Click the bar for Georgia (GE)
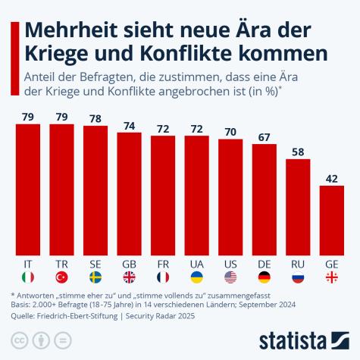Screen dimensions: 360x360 (x=332, y=220)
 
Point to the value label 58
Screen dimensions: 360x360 (x=298, y=150)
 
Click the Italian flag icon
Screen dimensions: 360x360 (x=28, y=277)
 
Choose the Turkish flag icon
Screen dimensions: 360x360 (x=61, y=277)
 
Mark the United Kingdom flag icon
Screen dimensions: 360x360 (x=129, y=277)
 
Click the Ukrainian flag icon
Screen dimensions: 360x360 (x=197, y=277)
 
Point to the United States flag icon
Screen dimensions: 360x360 (x=230, y=277)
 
